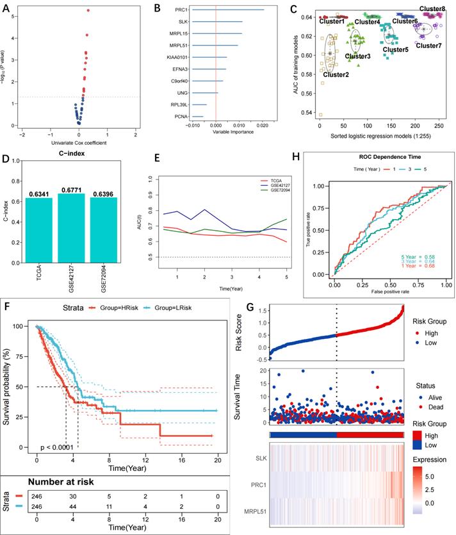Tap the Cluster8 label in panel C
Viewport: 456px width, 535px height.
[x=432, y=9]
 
